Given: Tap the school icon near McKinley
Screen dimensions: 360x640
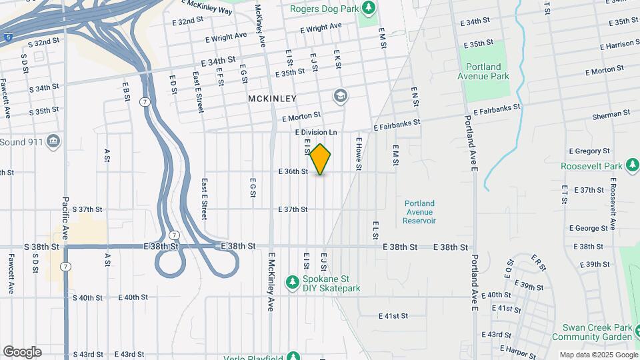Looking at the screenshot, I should pos(341,97).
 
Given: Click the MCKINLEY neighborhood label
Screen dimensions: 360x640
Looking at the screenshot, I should pos(272,99).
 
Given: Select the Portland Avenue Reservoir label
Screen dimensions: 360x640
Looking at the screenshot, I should pos(419,212).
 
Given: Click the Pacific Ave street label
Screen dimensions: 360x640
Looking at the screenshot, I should pos(65,218).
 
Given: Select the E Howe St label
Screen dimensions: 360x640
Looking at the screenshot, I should pos(358,153).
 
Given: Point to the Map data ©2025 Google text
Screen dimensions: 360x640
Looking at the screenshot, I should pos(599,355).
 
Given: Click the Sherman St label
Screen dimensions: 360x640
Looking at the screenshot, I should pos(611,115).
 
